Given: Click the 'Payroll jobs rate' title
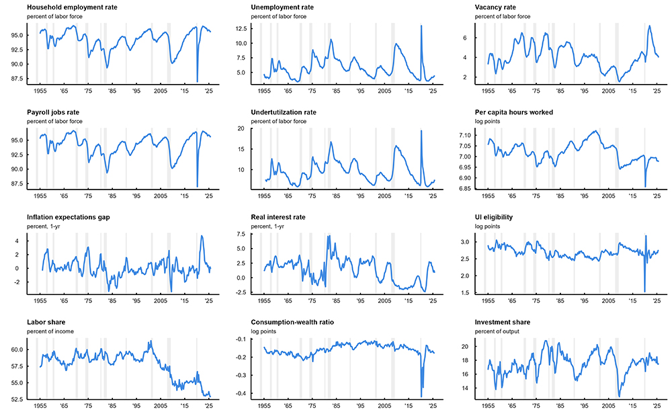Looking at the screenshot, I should (x=54, y=112).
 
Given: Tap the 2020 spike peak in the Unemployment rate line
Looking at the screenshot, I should (x=421, y=26).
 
